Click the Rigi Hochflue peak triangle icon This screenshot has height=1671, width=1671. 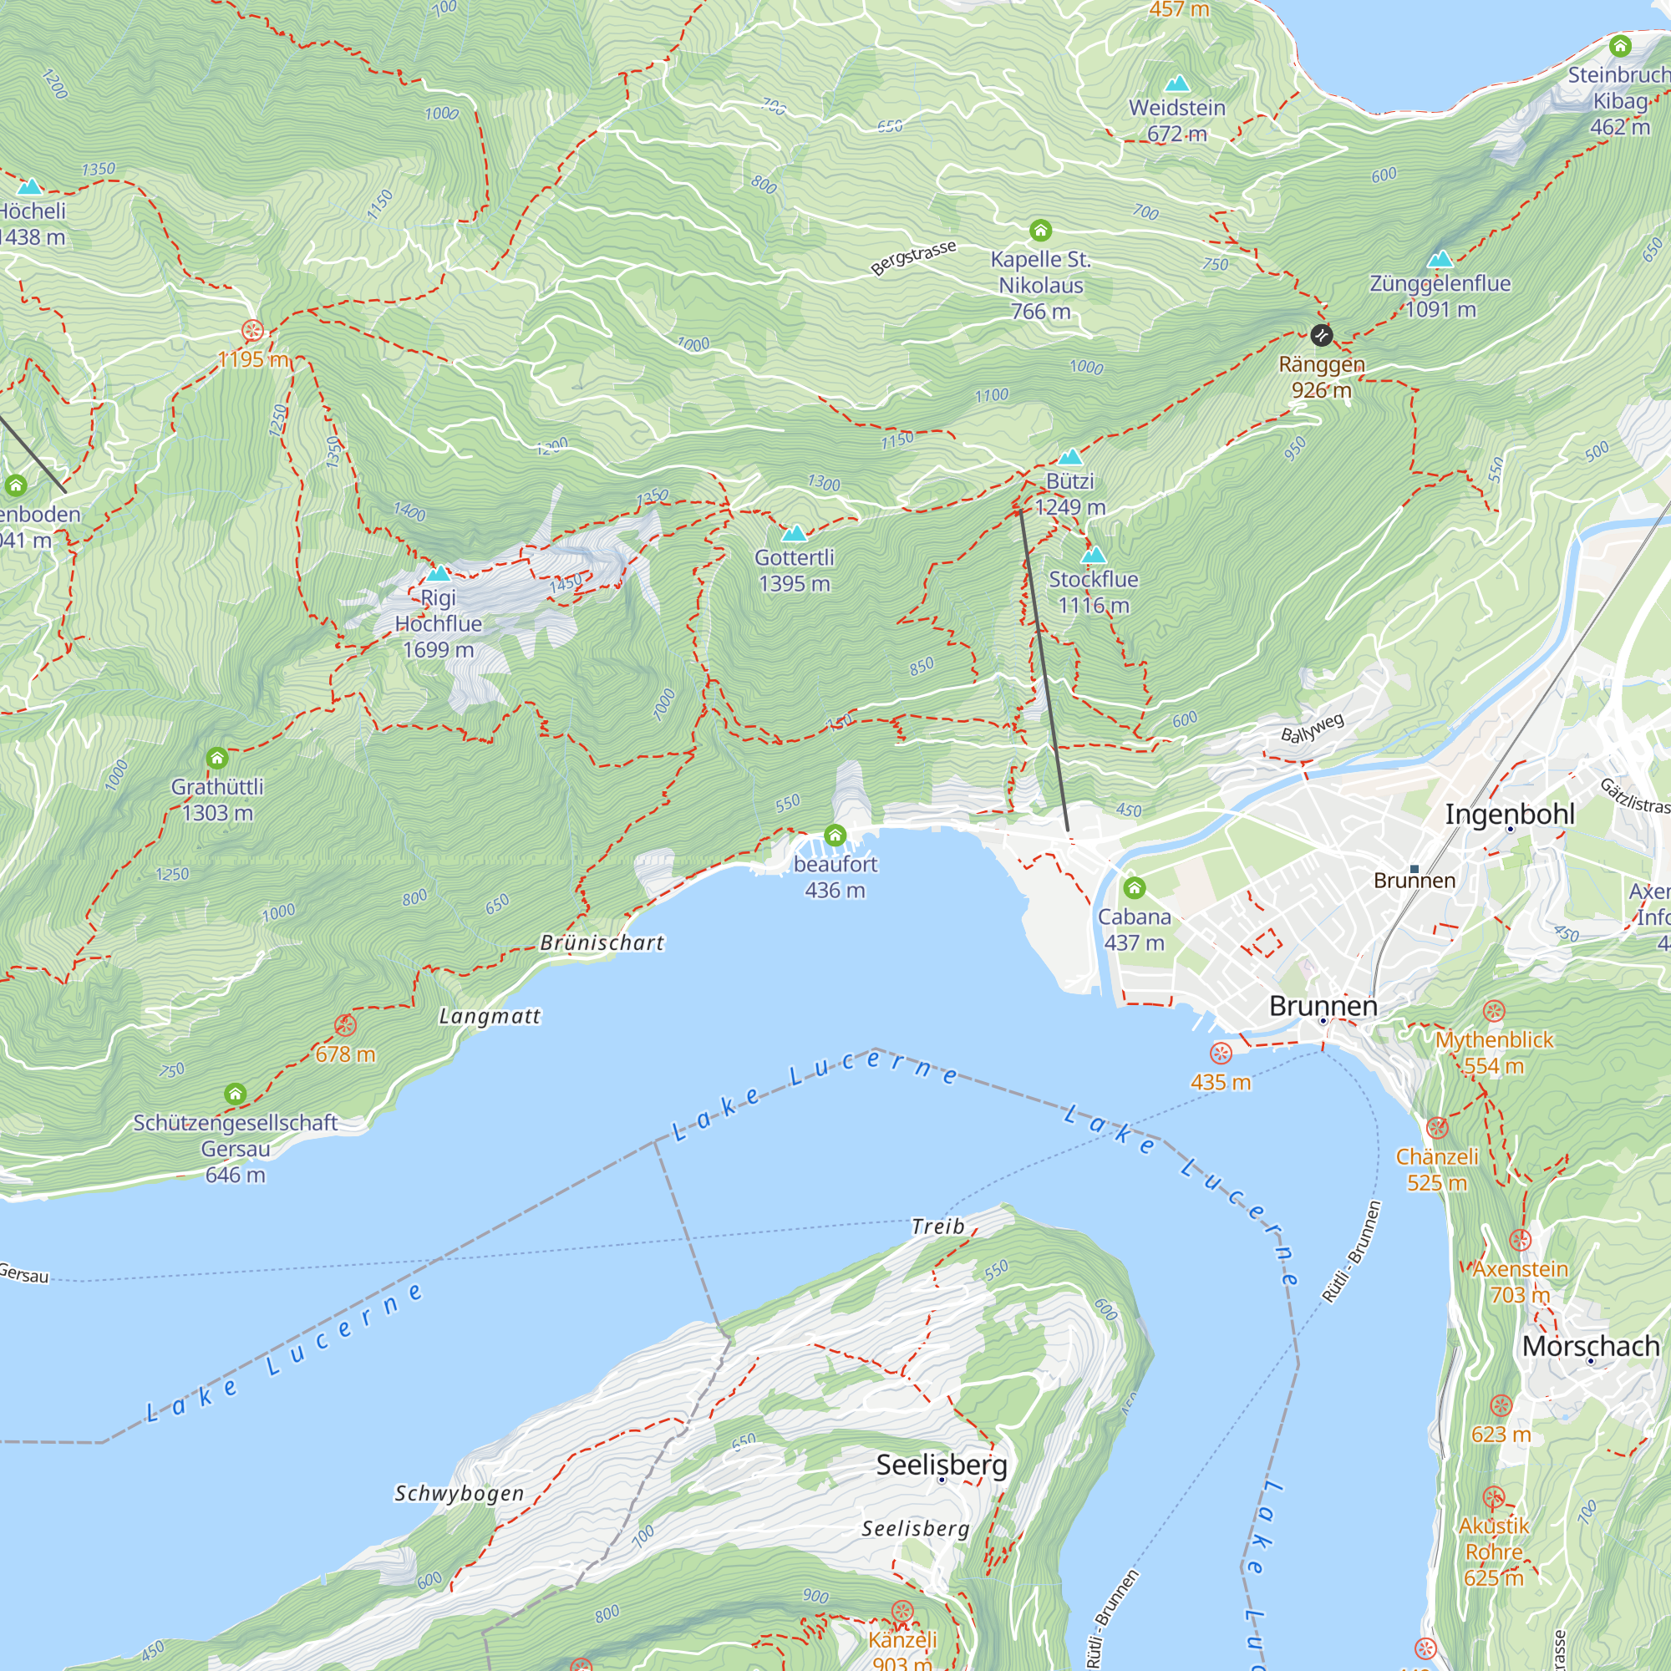tap(439, 573)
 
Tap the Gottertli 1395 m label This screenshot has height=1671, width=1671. tap(794, 571)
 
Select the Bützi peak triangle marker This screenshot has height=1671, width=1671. tap(1070, 457)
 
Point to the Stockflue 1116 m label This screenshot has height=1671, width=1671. tap(1093, 592)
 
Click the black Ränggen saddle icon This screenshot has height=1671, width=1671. tap(1321, 335)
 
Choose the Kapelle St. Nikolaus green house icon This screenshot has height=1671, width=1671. tap(1040, 230)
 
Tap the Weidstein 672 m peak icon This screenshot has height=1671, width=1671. tap(1176, 84)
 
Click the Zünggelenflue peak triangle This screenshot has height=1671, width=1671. tap(1440, 259)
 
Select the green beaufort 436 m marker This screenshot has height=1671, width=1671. tap(835, 835)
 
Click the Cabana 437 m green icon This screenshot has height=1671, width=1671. tap(1134, 887)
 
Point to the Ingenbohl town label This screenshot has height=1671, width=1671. tap(1509, 814)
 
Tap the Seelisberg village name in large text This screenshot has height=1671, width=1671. tap(941, 1465)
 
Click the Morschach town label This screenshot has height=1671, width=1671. tap(1590, 1346)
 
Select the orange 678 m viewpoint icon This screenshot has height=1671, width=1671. tap(345, 1026)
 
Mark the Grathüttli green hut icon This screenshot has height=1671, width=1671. tap(217, 759)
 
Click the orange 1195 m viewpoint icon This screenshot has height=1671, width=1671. tap(252, 330)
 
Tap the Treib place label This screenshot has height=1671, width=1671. tap(937, 1227)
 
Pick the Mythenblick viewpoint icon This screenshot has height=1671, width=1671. tap(1494, 1011)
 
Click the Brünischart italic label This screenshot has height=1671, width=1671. tap(602, 942)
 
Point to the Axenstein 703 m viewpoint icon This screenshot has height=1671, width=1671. tap(1520, 1240)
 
